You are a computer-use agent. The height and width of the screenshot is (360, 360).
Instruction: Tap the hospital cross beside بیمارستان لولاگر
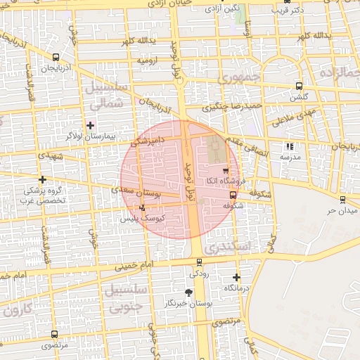click(x=90, y=124)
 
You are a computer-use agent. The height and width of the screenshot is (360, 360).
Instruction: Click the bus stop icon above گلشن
click(x=300, y=86)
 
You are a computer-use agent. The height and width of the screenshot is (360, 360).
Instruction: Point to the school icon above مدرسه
click(x=290, y=147)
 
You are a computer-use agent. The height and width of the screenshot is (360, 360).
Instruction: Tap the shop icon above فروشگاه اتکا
click(x=225, y=170)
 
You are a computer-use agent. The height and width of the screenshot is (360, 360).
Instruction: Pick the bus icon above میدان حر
click(x=343, y=200)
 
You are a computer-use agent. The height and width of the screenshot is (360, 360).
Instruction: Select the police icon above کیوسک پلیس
click(x=143, y=207)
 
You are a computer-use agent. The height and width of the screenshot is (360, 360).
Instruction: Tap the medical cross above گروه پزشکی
click(x=42, y=179)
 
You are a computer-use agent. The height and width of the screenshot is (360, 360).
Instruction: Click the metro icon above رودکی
click(x=199, y=262)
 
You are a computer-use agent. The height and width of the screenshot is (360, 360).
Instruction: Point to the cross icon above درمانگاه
click(x=236, y=278)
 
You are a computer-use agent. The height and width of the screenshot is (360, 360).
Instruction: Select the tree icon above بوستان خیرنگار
click(x=188, y=292)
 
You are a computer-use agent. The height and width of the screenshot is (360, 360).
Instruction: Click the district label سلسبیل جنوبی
click(x=124, y=297)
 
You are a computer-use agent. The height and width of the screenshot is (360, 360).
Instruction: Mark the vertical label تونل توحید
click(x=189, y=179)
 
